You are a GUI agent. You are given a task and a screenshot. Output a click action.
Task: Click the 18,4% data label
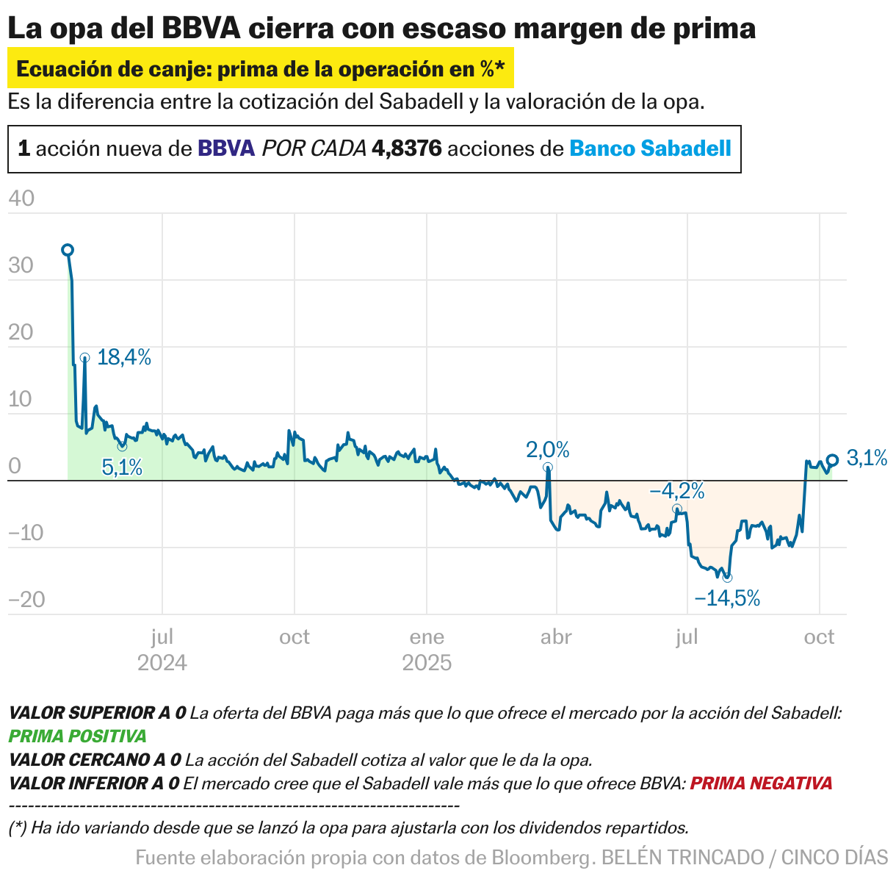(123, 358)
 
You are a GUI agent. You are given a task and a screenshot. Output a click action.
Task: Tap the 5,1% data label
(122, 467)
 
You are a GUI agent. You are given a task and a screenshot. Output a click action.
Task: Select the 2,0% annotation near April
(547, 449)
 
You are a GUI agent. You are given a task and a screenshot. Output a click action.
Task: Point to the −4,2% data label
(676, 490)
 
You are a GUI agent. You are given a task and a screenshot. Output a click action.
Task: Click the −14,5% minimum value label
(726, 598)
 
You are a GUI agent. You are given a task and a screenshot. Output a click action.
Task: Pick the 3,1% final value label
(867, 459)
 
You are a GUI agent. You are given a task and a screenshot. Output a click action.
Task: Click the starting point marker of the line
(67, 250)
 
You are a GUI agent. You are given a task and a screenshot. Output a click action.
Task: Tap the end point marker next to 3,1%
(832, 460)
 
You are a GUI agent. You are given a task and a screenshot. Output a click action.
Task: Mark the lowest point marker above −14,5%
(727, 578)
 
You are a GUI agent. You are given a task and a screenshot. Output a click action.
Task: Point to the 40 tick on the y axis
(21, 198)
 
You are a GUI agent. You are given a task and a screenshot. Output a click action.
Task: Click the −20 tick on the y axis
(26, 600)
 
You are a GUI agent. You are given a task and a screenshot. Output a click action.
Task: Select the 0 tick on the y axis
(15, 467)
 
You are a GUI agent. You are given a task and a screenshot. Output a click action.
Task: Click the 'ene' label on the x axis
(427, 636)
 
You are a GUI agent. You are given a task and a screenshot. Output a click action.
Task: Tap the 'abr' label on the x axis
(556, 636)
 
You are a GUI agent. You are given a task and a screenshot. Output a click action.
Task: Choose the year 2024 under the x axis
(162, 663)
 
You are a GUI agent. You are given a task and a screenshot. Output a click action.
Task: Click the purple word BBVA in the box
(226, 149)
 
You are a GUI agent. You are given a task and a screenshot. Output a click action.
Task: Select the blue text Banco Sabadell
(650, 149)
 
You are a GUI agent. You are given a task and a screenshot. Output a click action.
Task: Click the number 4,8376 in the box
(407, 149)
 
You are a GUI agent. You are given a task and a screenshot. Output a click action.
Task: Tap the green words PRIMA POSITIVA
(77, 736)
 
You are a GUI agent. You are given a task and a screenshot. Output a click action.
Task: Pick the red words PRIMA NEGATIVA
(761, 783)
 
